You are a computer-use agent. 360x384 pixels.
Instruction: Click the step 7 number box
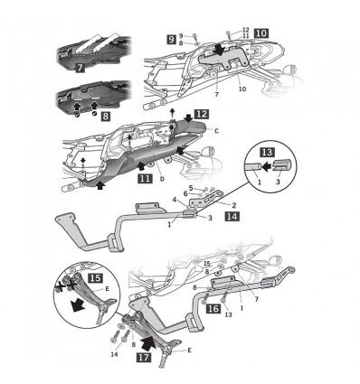point(79,68)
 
